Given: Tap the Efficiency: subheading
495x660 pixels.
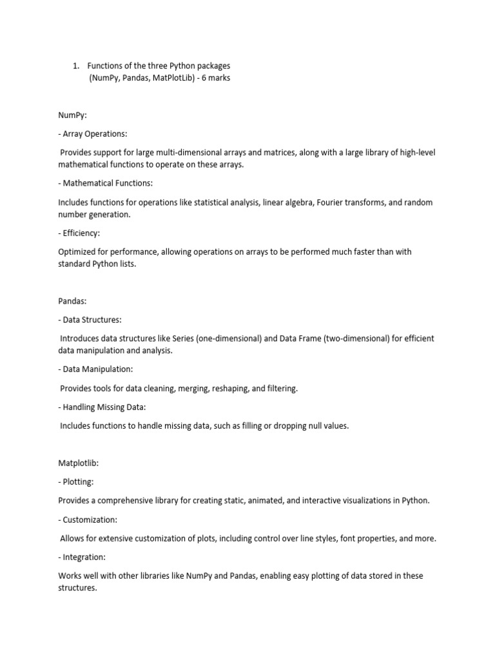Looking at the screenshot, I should [81, 233].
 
